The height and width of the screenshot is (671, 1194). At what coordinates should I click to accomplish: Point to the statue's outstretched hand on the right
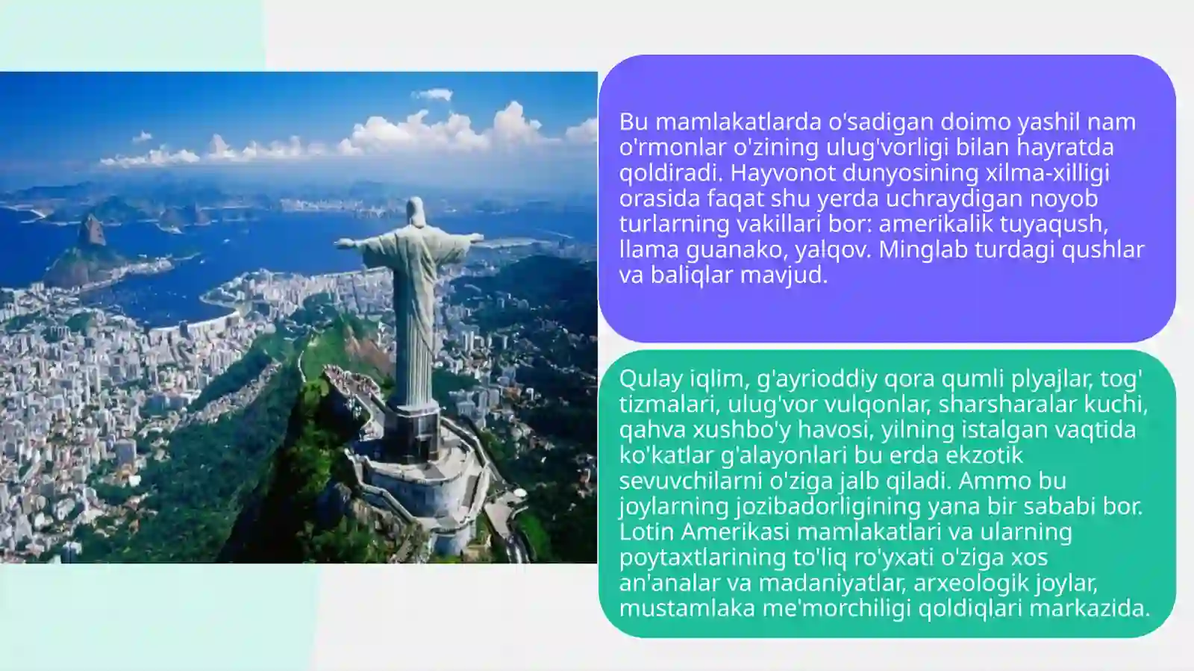point(475,238)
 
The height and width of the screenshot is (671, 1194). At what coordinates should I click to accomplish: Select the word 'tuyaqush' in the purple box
point(1053,223)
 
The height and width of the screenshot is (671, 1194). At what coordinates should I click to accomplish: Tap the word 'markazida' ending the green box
point(1089,608)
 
